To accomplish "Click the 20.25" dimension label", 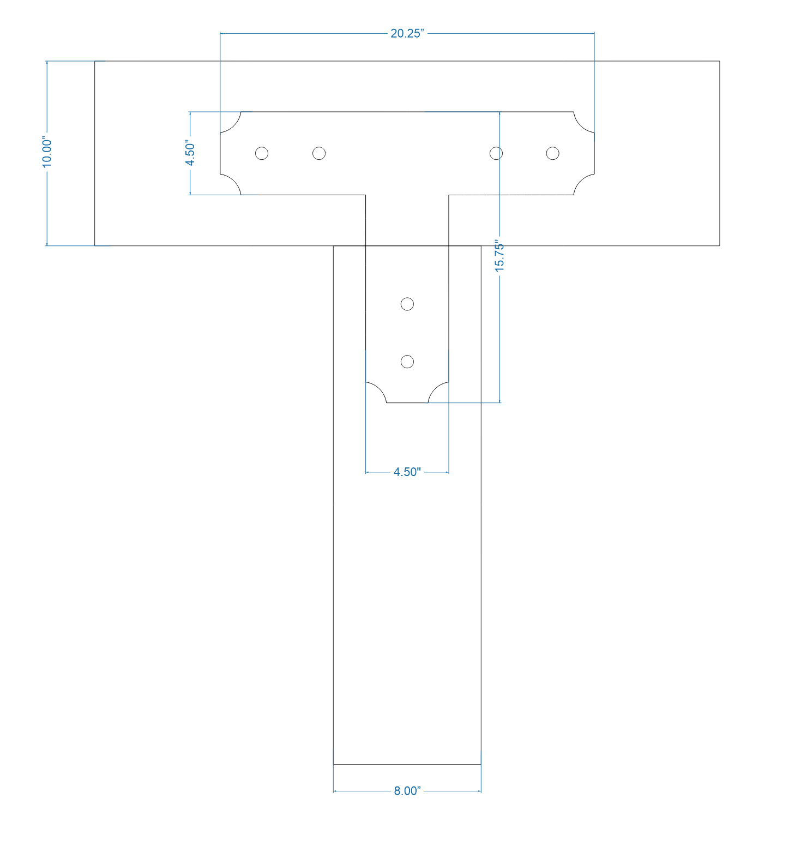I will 407,33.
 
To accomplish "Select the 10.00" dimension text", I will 47,153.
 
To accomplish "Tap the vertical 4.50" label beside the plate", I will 190,153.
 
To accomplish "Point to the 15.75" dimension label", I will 499,255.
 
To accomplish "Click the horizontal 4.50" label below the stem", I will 407,472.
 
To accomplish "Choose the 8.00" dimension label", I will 407,791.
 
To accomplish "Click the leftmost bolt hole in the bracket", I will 262,153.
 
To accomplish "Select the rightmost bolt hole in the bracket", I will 552,153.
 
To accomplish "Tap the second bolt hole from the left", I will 319,153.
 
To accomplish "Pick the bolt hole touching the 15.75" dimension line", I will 496,153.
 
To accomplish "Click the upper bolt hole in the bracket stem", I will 407,304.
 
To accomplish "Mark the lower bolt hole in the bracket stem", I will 407,362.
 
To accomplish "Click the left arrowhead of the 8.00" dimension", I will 335,791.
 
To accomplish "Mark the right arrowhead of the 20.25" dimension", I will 592,33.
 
